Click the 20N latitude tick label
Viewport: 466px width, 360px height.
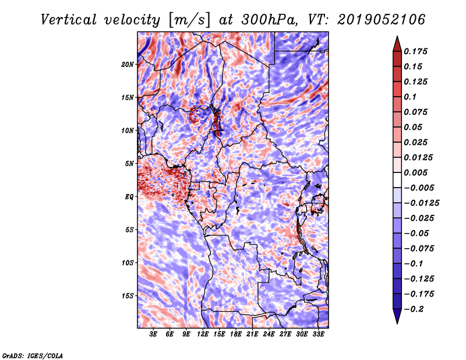coord(128,65)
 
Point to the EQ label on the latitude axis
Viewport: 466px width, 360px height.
coord(129,197)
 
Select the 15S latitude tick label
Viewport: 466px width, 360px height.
coord(128,296)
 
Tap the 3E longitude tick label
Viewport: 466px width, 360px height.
coord(153,334)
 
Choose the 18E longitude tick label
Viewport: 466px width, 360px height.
coord(236,334)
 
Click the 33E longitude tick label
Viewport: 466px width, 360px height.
coord(318,334)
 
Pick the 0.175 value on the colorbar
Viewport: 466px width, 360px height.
coord(416,51)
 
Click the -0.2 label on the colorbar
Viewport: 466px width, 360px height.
coord(414,309)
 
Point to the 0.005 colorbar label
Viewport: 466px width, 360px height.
coord(416,172)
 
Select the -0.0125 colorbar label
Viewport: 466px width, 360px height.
coord(421,203)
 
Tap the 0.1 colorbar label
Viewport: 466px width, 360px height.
coord(410,97)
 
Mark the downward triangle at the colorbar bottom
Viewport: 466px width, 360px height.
coord(397,316)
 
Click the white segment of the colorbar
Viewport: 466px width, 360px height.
coord(397,180)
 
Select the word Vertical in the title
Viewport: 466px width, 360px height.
coord(69,20)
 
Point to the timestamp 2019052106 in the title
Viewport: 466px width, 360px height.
coord(382,20)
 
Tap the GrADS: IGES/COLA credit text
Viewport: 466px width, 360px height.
coord(33,356)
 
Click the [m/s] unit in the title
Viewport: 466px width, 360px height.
coord(189,20)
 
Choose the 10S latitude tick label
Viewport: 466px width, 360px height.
coord(128,263)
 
